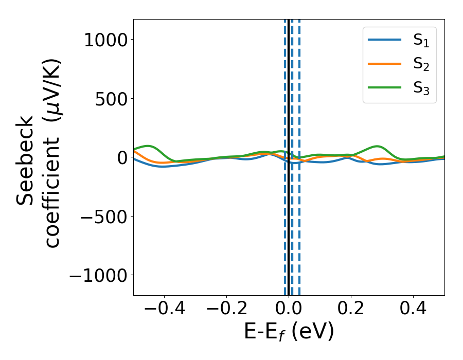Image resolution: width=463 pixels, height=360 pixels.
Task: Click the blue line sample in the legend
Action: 384,40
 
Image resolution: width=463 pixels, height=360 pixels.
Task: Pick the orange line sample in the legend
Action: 384,64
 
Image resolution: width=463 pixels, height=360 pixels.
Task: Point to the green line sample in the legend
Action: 384,87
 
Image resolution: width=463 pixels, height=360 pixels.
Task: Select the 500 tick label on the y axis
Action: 111,99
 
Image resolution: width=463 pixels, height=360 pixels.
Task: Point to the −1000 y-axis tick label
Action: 97,276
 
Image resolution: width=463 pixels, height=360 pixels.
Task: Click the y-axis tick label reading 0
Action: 122,158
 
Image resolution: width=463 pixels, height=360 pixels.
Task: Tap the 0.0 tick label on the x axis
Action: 289,310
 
